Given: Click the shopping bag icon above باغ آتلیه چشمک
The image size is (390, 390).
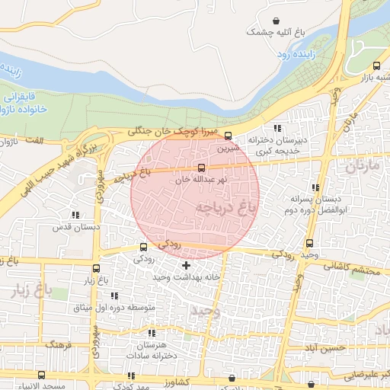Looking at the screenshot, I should point(274,20).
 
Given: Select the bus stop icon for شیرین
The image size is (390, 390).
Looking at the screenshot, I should point(228,136).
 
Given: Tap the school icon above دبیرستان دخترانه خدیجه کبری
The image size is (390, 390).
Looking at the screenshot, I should point(277,128).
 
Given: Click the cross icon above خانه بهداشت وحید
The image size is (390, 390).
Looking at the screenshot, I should point(187,265).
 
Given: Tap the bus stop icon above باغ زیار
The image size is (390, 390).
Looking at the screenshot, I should point(96,268).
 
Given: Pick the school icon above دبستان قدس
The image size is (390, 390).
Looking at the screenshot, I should point(75,216).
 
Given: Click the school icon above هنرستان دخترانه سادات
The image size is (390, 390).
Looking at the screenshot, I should point(152,333).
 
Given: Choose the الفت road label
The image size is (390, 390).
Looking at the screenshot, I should point(34,141).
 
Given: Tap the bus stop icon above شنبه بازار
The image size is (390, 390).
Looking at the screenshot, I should point(379,64).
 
